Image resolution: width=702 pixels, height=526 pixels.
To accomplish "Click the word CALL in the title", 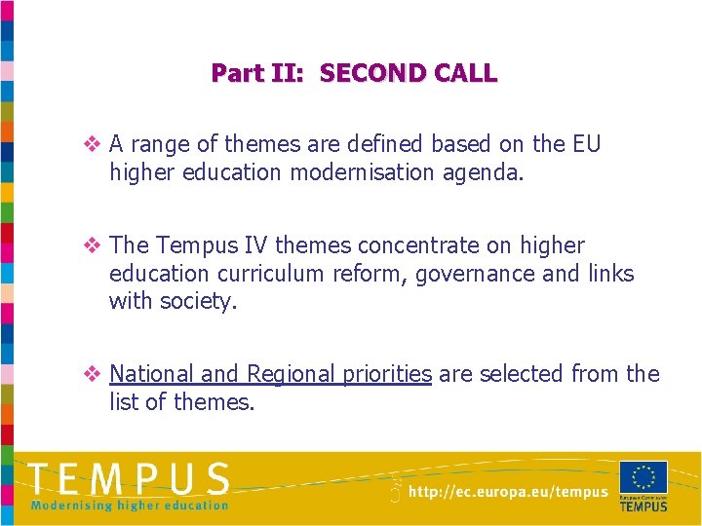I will pos(467,73).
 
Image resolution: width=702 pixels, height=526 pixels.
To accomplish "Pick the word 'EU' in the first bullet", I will pos(587,145).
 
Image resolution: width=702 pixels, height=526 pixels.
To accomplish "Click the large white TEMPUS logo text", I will pos(129,479).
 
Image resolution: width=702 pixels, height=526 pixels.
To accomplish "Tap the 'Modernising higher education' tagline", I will pos(129,505).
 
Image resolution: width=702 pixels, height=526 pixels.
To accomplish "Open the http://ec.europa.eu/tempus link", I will pos(507,493).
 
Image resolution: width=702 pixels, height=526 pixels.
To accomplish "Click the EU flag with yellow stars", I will pos(643,477).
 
